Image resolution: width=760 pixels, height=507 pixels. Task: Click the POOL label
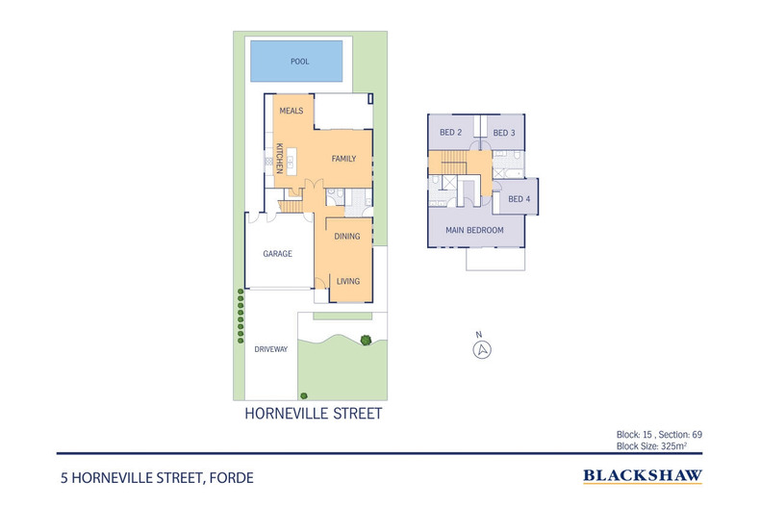(298, 62)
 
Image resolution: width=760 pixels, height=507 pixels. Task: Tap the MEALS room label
(291, 111)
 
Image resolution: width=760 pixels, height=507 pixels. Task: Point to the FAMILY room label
(343, 158)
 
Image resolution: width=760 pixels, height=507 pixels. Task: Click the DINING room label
(347, 236)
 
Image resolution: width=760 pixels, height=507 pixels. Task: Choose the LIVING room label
(347, 281)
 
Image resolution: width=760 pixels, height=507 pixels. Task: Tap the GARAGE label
(278, 254)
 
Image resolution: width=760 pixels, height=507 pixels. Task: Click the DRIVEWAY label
(271, 349)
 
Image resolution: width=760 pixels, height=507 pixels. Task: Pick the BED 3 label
(504, 133)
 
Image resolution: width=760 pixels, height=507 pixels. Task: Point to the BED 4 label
(519, 199)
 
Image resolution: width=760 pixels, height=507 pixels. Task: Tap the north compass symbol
(482, 349)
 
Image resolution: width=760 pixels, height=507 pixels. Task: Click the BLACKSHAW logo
(643, 475)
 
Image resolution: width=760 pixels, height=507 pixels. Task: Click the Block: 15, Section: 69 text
(660, 435)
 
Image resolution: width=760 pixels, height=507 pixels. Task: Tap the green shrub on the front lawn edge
(366, 339)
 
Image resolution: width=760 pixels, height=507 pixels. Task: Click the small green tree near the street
(303, 393)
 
